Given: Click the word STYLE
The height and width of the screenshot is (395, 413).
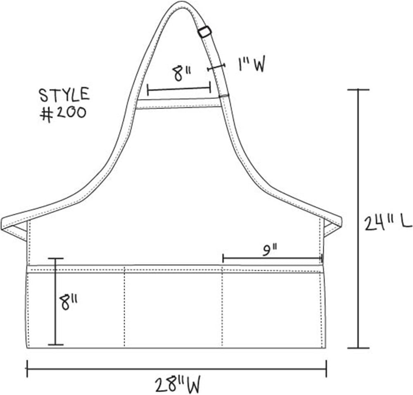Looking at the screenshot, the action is (x=64, y=95).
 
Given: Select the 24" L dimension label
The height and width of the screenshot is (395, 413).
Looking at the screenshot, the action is (x=387, y=223).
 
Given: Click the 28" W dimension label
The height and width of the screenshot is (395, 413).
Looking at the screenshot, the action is (x=177, y=385).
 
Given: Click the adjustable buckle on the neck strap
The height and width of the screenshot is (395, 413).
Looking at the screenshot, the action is (x=205, y=32).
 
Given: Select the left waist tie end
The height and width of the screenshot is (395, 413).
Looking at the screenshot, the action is (x=14, y=227).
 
